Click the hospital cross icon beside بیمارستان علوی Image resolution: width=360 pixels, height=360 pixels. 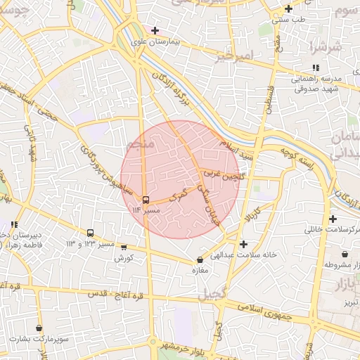155,31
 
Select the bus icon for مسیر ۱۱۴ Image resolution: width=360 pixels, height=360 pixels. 146,199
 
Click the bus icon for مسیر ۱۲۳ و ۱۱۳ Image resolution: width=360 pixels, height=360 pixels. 90,233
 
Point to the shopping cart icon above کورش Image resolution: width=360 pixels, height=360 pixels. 124,247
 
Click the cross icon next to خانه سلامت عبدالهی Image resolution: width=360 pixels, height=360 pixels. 243,245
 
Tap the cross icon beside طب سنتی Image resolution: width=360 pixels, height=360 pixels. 288,9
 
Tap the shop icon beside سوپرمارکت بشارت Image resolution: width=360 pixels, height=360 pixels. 39,328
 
